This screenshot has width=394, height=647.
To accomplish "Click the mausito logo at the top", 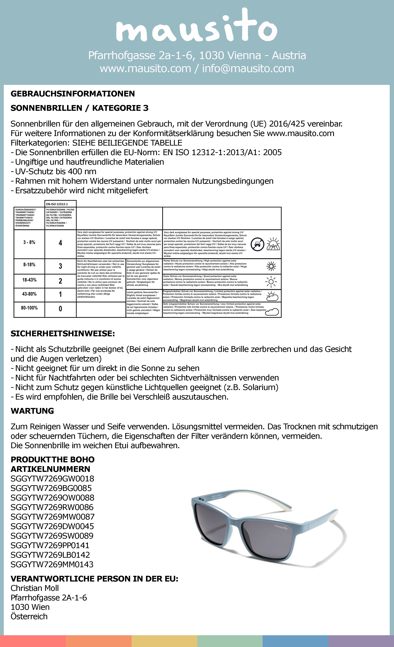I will point(197,26).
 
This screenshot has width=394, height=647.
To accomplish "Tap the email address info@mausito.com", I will point(248,68).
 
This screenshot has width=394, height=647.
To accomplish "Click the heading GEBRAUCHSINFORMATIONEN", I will point(73,94).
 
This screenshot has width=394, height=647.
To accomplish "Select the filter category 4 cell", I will point(60,243).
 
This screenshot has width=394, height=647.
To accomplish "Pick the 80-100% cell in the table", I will point(29,308).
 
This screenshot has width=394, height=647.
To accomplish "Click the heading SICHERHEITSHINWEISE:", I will point(63,334).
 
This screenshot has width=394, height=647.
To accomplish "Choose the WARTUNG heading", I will point(32,411).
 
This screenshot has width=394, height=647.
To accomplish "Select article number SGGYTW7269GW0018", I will point(52,479).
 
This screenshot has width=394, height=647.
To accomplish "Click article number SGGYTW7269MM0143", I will point(52,565).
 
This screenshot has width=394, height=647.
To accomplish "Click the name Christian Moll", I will point(35,588).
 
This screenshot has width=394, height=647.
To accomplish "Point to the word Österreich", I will point(29,616).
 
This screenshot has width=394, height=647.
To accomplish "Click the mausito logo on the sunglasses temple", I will point(281,527).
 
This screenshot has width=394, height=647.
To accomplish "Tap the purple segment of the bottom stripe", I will point(361,641).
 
